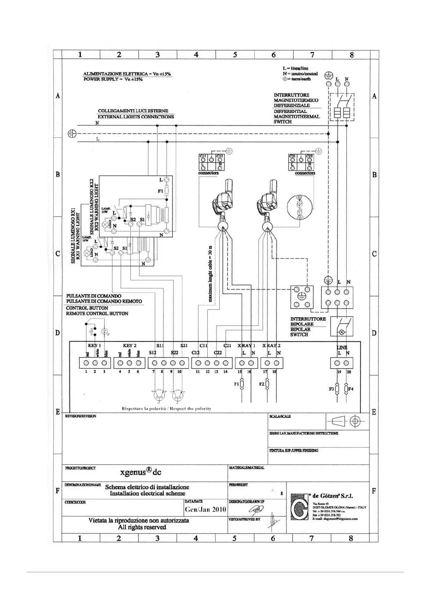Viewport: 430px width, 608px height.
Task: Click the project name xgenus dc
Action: (141, 472)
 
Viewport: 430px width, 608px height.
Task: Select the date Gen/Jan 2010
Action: (205, 509)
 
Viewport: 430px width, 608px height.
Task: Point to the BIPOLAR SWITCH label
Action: (300, 332)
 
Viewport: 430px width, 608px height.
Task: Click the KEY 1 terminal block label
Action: (94, 346)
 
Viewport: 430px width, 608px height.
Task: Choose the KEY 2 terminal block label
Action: (129, 346)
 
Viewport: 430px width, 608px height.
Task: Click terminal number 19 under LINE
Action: (339, 372)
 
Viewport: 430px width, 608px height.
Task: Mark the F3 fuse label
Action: (331, 389)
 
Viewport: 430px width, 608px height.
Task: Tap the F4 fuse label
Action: (351, 389)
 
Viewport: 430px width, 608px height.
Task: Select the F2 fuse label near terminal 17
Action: (262, 384)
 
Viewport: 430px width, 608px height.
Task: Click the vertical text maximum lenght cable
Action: (210, 274)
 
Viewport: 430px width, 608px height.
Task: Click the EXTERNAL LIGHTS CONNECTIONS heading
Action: (136, 117)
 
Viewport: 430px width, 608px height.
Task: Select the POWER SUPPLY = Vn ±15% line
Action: (113, 79)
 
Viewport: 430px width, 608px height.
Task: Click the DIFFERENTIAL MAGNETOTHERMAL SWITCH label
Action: (296, 117)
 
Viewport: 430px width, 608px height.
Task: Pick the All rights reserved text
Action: (142, 527)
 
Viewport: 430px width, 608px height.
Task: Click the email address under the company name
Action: (335, 519)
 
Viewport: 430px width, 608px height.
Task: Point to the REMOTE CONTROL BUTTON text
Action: (97, 314)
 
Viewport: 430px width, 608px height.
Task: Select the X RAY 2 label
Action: (271, 346)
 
